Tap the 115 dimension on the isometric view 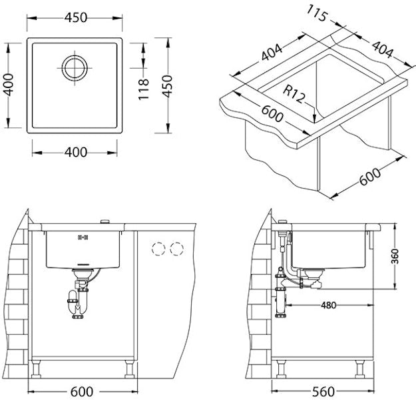[318, 15]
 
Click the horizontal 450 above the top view [76, 18]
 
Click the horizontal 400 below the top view [76, 152]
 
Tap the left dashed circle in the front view [158, 249]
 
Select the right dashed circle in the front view [176, 249]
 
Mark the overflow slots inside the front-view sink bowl [83, 237]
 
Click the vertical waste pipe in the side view [280, 293]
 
